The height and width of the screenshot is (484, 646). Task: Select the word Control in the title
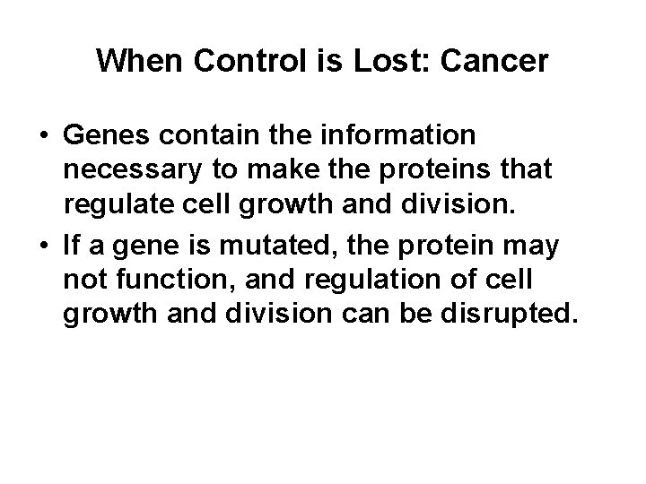click(229, 61)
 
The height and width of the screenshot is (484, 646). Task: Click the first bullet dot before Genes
click(43, 135)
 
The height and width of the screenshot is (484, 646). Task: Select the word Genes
click(102, 135)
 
